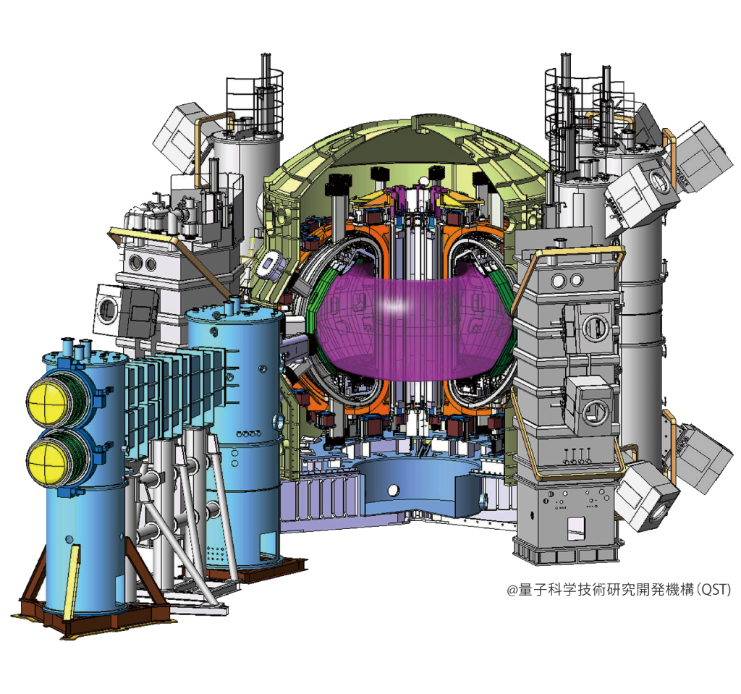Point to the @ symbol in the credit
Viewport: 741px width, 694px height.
coord(512,591)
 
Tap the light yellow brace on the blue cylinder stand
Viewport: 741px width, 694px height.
coord(72,579)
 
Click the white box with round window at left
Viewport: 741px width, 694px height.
coord(109,308)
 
